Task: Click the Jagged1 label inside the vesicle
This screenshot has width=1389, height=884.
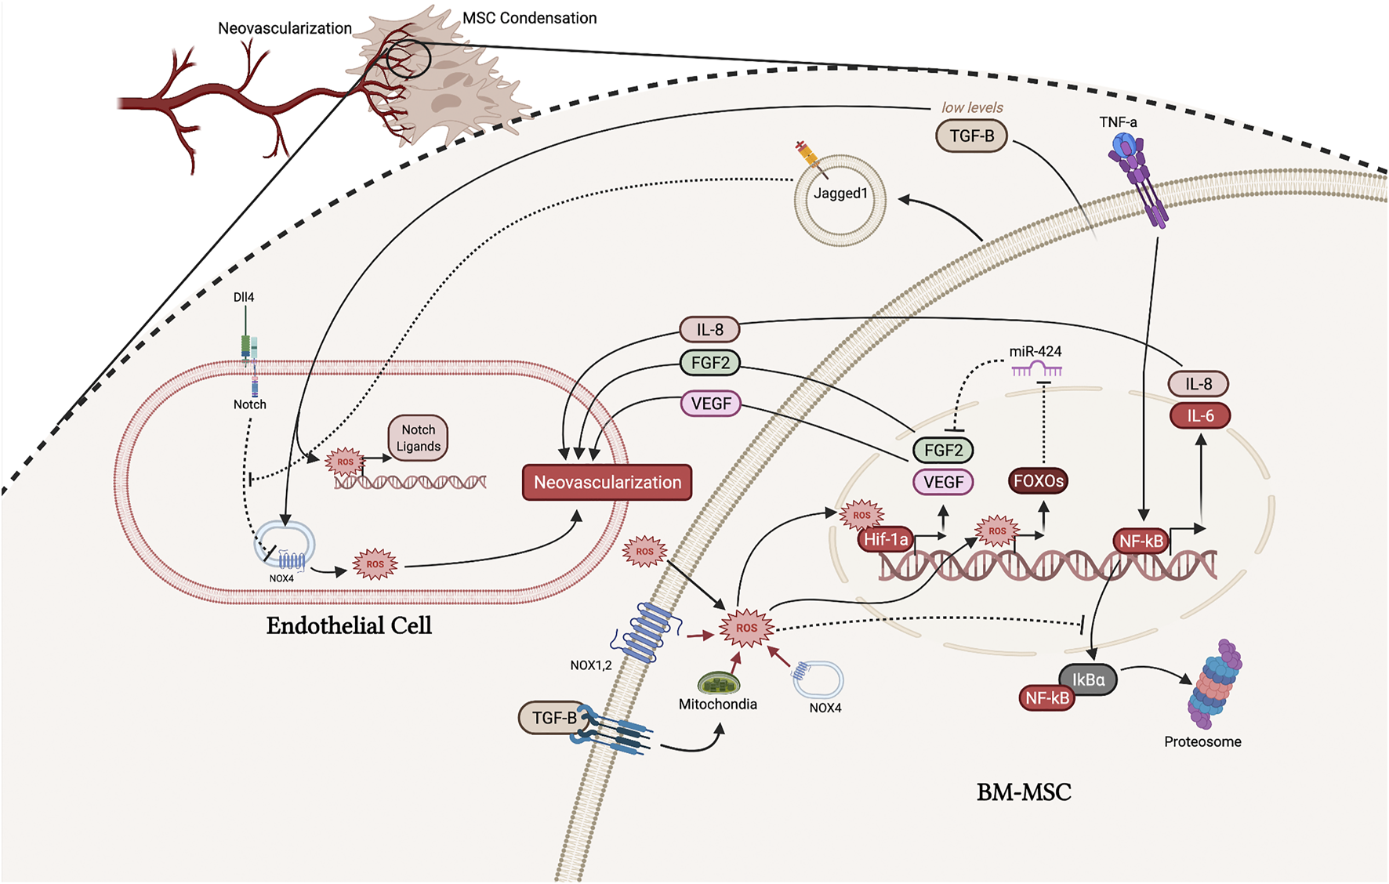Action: pos(840,194)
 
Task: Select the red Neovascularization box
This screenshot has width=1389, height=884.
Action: pos(607,482)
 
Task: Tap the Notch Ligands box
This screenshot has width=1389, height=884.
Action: pos(418,438)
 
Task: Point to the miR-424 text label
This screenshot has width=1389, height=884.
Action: pos(1035,351)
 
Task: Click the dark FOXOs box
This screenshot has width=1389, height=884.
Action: pos(1038,480)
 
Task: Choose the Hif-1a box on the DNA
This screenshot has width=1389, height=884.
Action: pos(887,539)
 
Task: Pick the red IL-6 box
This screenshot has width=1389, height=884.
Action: pos(1200,415)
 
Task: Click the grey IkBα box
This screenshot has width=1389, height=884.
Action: pos(1088,680)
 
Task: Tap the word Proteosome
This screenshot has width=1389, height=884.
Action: pos(1202,741)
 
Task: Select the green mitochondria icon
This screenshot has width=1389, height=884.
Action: pos(719,683)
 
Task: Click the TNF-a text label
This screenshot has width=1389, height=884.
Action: pos(1118,122)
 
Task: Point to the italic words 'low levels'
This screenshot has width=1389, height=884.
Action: pos(972,107)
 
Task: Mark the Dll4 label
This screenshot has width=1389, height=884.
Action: pos(244,297)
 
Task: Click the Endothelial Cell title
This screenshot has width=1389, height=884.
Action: pos(349,625)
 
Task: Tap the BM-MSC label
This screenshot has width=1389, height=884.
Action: pos(1024,792)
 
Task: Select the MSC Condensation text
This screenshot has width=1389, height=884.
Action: pos(530,18)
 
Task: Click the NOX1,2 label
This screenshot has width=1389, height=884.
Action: pos(591,665)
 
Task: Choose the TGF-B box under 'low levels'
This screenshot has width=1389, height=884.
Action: pos(972,136)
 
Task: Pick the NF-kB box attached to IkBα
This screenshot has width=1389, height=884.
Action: pos(1047,697)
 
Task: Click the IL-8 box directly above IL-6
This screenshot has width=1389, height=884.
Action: pos(1199,383)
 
